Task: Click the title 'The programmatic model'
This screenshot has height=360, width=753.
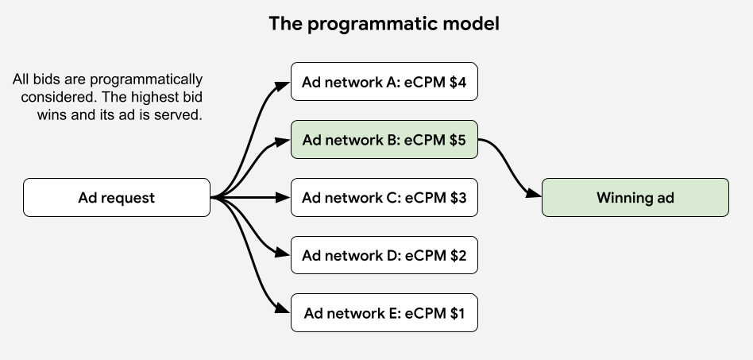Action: tap(384, 24)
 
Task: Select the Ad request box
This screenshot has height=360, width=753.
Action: tap(117, 198)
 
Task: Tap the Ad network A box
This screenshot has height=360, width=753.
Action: tap(384, 82)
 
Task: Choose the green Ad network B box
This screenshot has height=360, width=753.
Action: tap(384, 140)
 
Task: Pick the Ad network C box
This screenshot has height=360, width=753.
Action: tap(384, 198)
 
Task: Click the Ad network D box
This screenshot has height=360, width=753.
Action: tap(384, 256)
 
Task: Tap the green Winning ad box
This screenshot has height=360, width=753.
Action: tap(635, 198)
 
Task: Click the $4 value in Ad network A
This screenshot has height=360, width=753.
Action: tap(457, 82)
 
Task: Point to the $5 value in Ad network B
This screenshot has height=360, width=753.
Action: tap(457, 140)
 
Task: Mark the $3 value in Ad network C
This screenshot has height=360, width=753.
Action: tap(457, 198)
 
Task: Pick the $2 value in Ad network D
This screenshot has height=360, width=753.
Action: tap(457, 256)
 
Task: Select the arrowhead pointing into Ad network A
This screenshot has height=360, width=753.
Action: tap(284, 84)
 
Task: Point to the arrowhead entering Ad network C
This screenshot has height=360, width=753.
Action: tap(284, 198)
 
